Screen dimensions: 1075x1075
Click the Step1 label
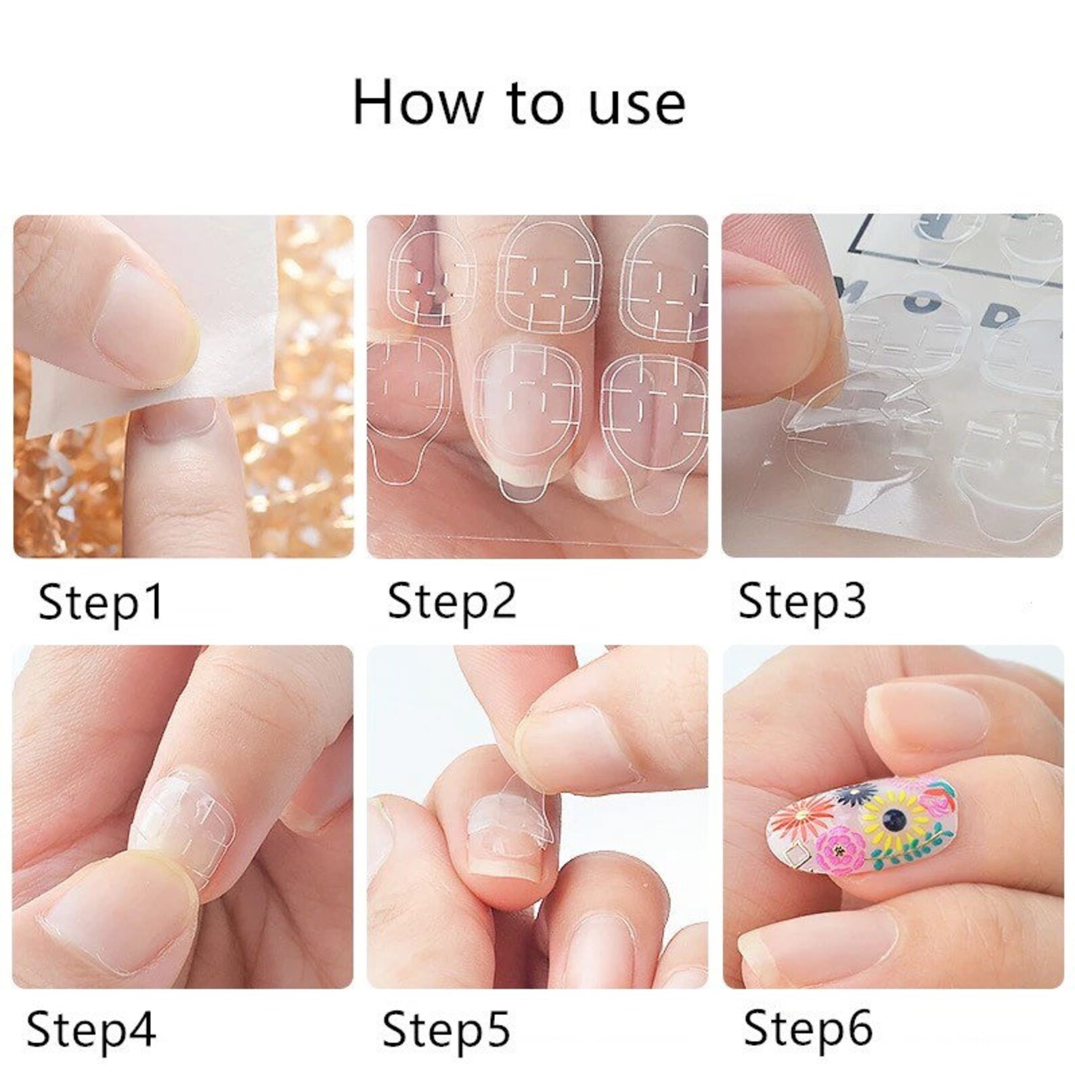coord(100,602)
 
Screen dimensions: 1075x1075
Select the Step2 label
coord(452,600)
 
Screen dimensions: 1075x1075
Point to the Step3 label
coord(802,600)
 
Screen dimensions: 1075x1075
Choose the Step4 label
coord(91,1030)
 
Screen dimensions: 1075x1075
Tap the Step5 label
coord(446,1030)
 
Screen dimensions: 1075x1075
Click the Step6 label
coord(808,1030)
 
